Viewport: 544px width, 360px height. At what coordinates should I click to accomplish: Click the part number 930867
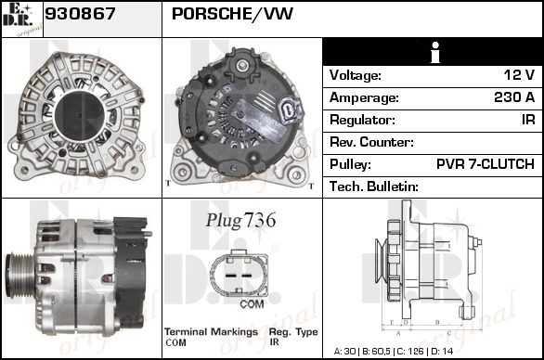80,14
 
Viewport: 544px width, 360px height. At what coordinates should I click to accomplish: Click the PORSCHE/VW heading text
232,14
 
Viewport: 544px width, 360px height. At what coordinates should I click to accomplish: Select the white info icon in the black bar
435,53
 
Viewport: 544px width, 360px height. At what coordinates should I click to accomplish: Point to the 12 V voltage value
519,75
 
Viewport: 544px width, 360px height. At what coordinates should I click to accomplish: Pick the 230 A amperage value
514,97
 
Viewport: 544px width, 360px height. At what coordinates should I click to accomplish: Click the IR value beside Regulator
528,120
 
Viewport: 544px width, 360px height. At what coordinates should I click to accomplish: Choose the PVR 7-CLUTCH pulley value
485,164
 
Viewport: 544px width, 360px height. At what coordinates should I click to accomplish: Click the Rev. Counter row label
371,142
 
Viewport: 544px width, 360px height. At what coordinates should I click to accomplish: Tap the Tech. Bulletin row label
374,186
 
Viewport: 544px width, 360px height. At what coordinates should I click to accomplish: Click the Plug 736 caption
240,220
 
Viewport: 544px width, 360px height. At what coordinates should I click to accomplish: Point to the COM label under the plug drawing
252,304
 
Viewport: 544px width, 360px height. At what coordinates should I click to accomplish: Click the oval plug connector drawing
239,275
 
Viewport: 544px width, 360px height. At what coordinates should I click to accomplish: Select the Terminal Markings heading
211,332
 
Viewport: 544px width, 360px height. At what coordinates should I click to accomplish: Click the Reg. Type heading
293,332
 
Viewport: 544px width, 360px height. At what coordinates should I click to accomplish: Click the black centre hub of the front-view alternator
79,116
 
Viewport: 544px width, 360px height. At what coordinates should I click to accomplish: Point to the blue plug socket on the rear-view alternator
289,109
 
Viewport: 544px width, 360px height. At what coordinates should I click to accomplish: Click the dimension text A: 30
344,352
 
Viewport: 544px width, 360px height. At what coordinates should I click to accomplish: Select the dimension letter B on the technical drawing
437,322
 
